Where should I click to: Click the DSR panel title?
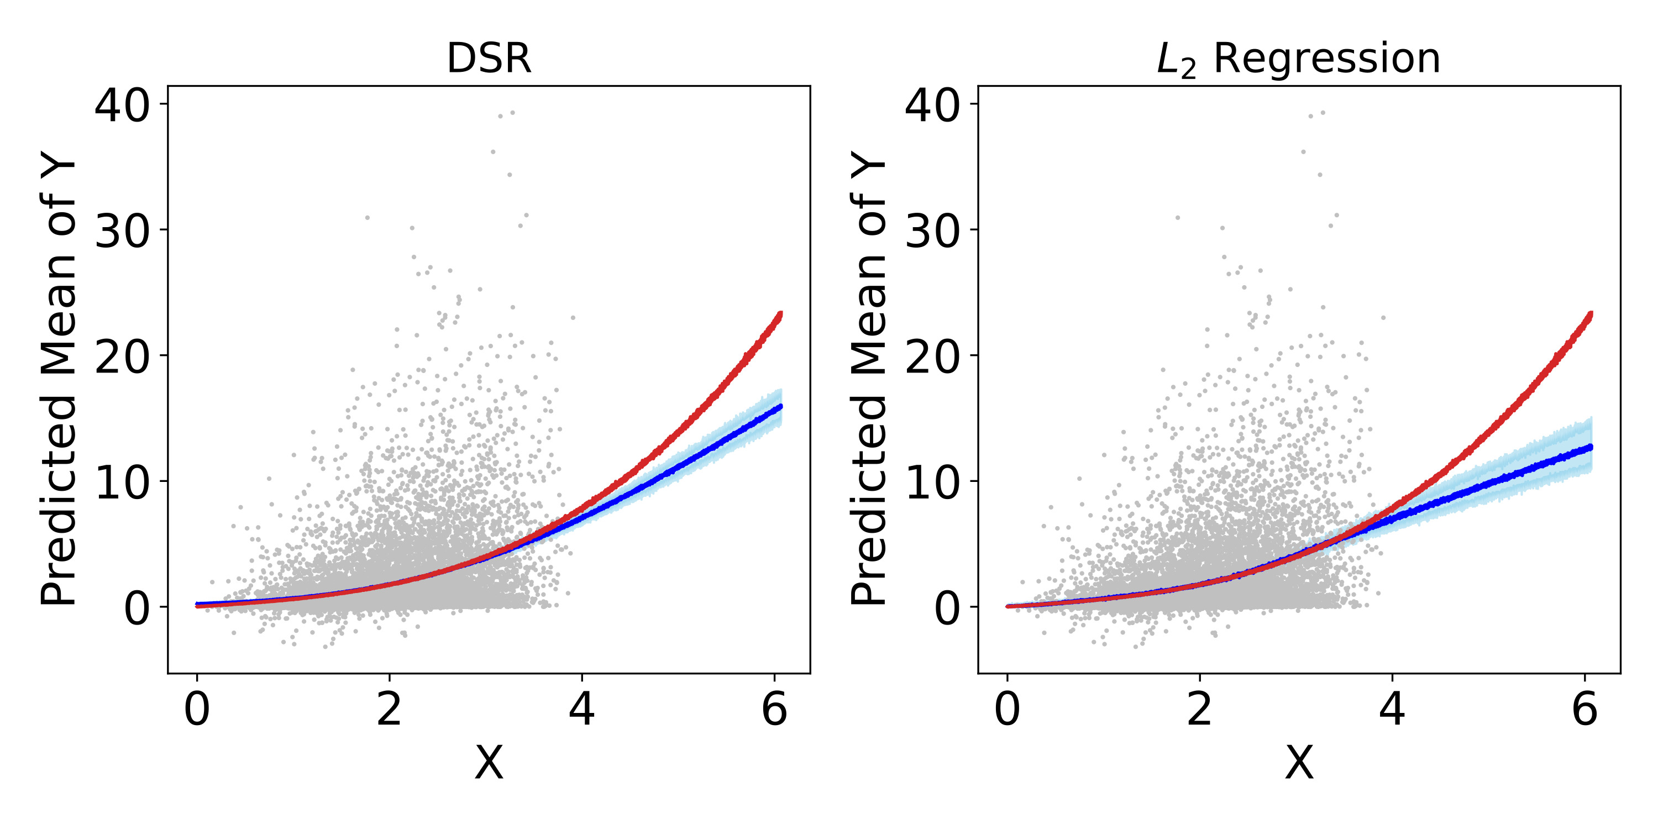[489, 59]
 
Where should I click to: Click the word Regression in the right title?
[1326, 59]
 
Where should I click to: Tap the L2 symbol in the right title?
[1176, 62]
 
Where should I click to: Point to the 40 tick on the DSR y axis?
[122, 106]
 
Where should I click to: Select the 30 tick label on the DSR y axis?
[122, 231]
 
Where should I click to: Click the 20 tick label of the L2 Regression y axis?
[933, 356]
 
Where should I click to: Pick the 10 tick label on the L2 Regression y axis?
[933, 482]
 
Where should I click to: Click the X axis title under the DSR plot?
[489, 763]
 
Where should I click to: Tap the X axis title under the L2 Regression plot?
[1299, 763]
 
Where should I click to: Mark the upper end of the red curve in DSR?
[780, 314]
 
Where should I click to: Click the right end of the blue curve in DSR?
[780, 406]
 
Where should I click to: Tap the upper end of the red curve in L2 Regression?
[1591, 314]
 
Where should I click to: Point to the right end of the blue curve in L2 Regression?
[1591, 446]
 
